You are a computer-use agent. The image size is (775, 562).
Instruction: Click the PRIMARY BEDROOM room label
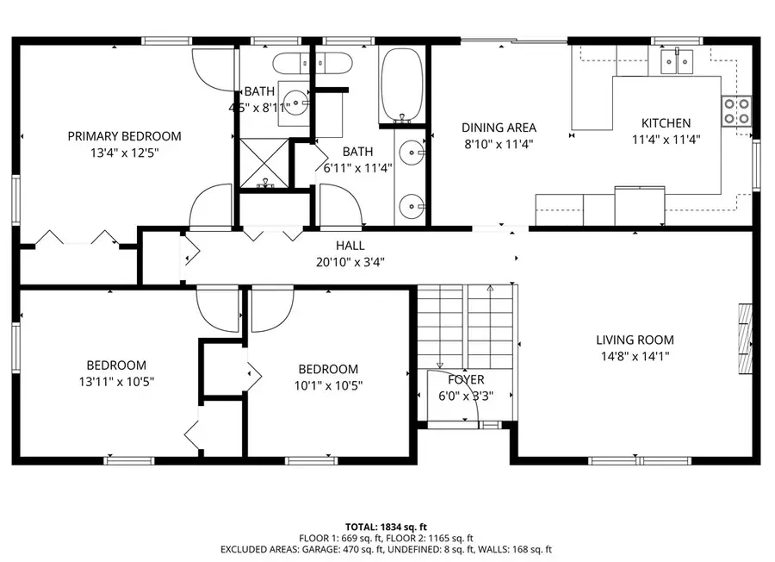click(125, 135)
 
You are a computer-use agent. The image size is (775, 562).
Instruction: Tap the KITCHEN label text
click(666, 123)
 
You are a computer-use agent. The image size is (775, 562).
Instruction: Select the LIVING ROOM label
click(635, 340)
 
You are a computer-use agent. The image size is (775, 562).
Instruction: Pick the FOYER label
click(466, 379)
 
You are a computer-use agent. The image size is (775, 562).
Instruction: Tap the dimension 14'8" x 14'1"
click(635, 355)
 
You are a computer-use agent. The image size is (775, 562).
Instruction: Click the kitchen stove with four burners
click(736, 109)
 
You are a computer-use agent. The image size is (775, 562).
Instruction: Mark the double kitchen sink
click(677, 61)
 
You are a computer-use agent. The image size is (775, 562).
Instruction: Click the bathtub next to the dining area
click(401, 84)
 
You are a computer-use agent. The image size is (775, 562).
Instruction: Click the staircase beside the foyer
click(465, 323)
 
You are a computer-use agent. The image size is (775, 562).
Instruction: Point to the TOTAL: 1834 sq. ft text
click(387, 526)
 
